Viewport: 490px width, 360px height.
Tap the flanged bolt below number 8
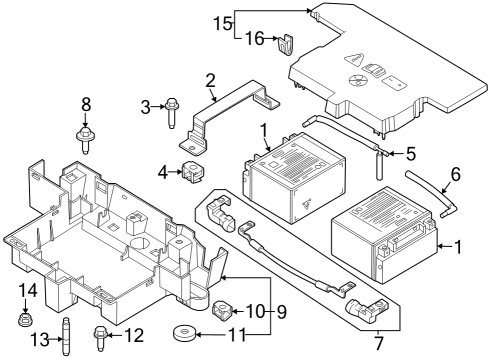[x=85, y=134]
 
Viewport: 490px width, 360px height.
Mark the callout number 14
[x=26, y=291]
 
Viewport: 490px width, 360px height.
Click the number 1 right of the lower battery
[x=459, y=246]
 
